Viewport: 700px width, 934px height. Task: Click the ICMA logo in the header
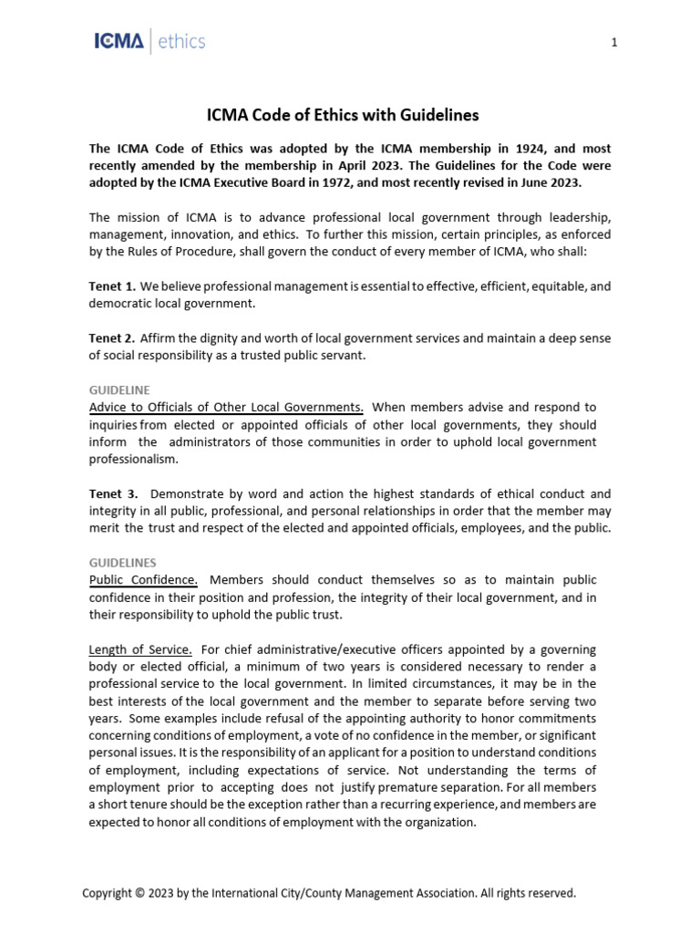(x=118, y=41)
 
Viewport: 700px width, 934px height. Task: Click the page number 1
(x=614, y=43)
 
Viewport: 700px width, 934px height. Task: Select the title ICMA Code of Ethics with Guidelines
(x=342, y=115)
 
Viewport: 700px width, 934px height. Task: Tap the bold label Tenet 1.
(x=112, y=286)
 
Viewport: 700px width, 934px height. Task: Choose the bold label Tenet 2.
(x=112, y=337)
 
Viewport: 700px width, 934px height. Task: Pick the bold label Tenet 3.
(x=113, y=493)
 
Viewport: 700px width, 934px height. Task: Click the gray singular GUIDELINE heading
(x=119, y=389)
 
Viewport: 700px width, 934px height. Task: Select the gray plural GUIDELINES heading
(x=123, y=563)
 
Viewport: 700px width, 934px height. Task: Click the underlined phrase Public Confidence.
(x=143, y=580)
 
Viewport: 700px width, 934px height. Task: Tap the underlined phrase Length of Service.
(x=140, y=649)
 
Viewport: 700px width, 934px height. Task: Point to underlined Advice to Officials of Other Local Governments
(x=226, y=407)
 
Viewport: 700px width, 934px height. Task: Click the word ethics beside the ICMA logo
(x=182, y=41)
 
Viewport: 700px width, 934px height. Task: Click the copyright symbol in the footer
(x=139, y=893)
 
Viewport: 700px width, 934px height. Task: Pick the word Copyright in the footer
(x=108, y=893)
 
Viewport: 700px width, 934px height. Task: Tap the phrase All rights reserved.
(x=529, y=893)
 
